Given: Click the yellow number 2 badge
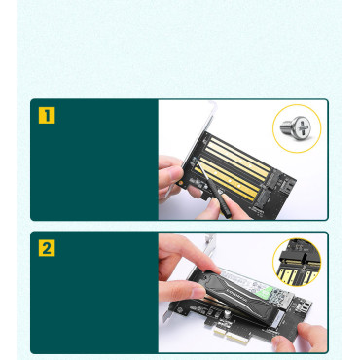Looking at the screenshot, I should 47,247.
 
